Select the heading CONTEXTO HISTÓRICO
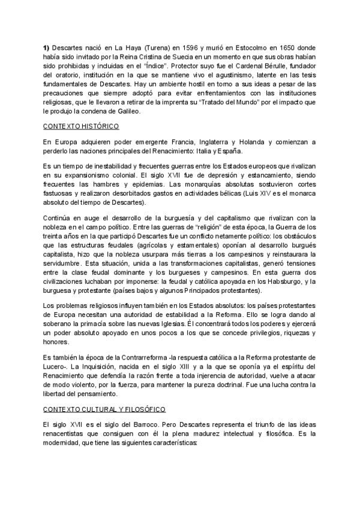[80, 126]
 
